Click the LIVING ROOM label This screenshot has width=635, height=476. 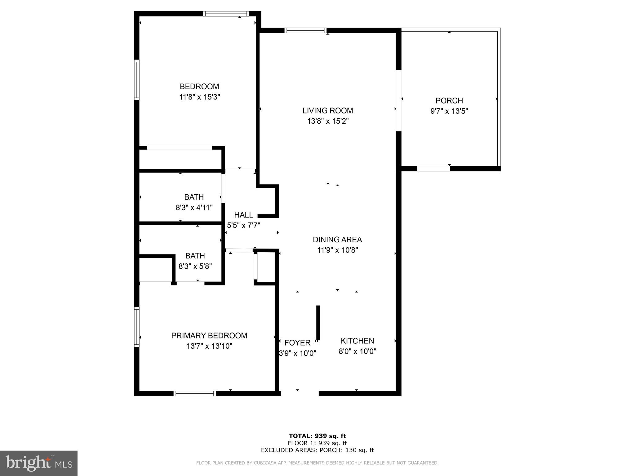tap(328, 111)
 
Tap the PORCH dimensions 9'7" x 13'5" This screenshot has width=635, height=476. tap(449, 111)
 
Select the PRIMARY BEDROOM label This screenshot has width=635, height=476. tap(209, 336)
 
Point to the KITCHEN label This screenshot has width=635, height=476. tap(357, 341)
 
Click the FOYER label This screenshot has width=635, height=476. tap(297, 343)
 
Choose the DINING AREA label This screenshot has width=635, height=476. tap(337, 240)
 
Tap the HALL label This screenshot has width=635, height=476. tap(243, 215)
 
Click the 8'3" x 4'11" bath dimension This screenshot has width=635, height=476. tap(194, 208)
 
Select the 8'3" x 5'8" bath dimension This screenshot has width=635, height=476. tap(195, 266)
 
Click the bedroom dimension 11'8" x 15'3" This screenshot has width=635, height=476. tap(199, 97)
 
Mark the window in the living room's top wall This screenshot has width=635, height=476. tap(305, 30)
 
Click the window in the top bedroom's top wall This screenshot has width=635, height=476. tap(226, 14)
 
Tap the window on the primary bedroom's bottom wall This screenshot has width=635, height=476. tap(195, 393)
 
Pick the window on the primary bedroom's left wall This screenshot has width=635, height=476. tap(136, 327)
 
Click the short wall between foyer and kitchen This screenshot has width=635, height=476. tap(318, 323)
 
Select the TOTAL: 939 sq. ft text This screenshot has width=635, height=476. tap(317, 436)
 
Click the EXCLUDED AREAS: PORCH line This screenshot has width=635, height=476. tap(317, 450)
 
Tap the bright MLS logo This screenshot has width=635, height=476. tap(39, 463)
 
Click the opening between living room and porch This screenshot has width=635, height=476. tap(399, 100)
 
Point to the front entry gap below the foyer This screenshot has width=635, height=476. tap(300, 393)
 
